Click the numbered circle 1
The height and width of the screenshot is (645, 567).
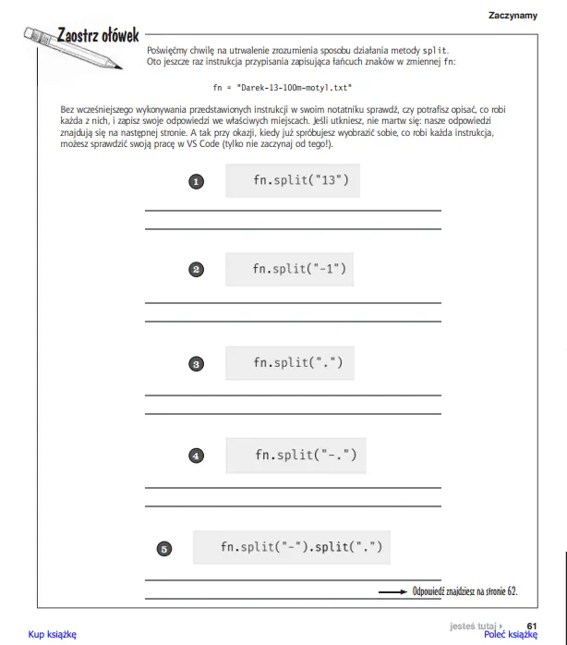[x=196, y=182]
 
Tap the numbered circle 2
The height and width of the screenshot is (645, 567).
[x=196, y=270]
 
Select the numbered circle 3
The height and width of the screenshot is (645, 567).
[x=196, y=364]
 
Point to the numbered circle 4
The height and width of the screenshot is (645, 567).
[x=196, y=456]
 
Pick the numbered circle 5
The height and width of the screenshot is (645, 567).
[x=163, y=549]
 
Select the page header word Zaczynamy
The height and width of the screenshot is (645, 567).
[x=513, y=15]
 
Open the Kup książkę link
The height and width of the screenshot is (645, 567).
[x=52, y=634]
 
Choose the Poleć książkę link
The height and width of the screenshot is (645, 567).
[x=510, y=635]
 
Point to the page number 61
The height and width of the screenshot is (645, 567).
[x=531, y=625]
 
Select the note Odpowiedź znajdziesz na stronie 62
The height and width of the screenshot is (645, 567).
[x=465, y=590]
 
